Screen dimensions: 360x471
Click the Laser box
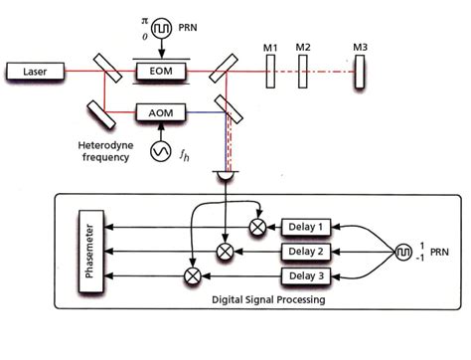tap(36, 71)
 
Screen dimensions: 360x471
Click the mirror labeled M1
tap(269, 72)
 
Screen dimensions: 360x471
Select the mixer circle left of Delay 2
tap(226, 251)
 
